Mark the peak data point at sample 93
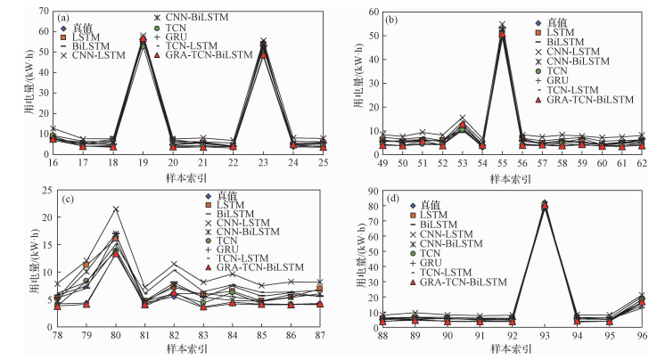coord(545,204)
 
